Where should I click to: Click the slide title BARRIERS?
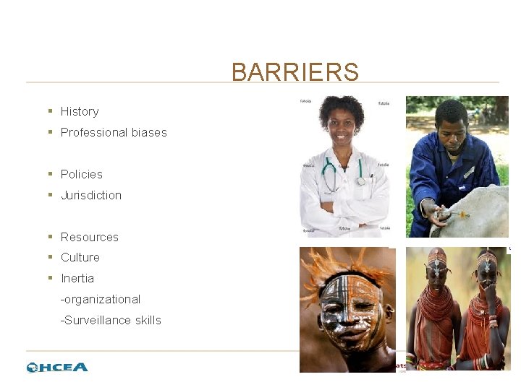[x=295, y=72]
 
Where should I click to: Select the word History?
[x=80, y=111]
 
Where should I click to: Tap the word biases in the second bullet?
[x=149, y=132]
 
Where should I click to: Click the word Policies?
[x=82, y=174]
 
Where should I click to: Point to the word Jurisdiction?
[x=91, y=195]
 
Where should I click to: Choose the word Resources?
[x=90, y=237]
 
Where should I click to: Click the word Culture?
[x=80, y=257]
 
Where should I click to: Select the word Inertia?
[x=77, y=278]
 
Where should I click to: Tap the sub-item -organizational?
[x=101, y=299]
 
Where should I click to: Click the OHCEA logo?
[x=57, y=367]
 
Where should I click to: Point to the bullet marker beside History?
[x=50, y=111]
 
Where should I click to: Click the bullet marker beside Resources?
[x=50, y=237]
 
